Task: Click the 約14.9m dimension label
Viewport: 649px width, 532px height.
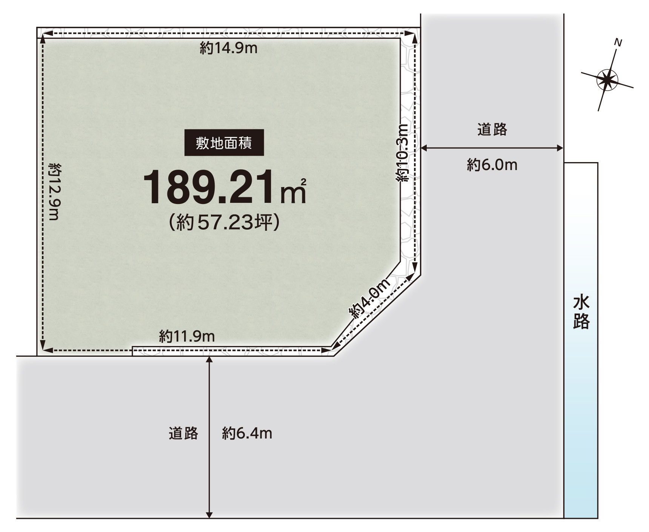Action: click(228, 48)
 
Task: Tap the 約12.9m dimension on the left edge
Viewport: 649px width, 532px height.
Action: click(55, 192)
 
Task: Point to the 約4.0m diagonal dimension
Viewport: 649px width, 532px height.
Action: click(369, 299)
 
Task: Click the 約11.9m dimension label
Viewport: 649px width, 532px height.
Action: click(187, 336)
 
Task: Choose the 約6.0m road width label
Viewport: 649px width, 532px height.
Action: click(492, 165)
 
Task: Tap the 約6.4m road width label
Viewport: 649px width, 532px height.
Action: click(247, 433)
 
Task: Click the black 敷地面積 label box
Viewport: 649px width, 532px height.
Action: click(224, 143)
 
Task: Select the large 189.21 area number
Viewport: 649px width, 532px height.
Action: click(208, 188)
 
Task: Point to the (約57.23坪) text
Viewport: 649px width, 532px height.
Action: click(224, 222)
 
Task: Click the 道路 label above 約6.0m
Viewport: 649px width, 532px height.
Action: click(492, 129)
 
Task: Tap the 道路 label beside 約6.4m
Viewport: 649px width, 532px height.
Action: click(183, 433)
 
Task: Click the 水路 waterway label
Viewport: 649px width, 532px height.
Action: click(581, 313)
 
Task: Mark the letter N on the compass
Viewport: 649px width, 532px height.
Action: click(618, 43)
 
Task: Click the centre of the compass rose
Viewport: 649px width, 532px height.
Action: click(607, 80)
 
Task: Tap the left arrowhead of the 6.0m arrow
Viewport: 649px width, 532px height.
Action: click(423, 148)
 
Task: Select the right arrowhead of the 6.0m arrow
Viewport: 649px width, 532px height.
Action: click(560, 148)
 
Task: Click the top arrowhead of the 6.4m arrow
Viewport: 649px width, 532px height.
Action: click(209, 359)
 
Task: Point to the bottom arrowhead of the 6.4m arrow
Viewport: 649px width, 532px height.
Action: click(209, 515)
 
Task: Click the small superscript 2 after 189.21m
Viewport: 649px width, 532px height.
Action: click(303, 182)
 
